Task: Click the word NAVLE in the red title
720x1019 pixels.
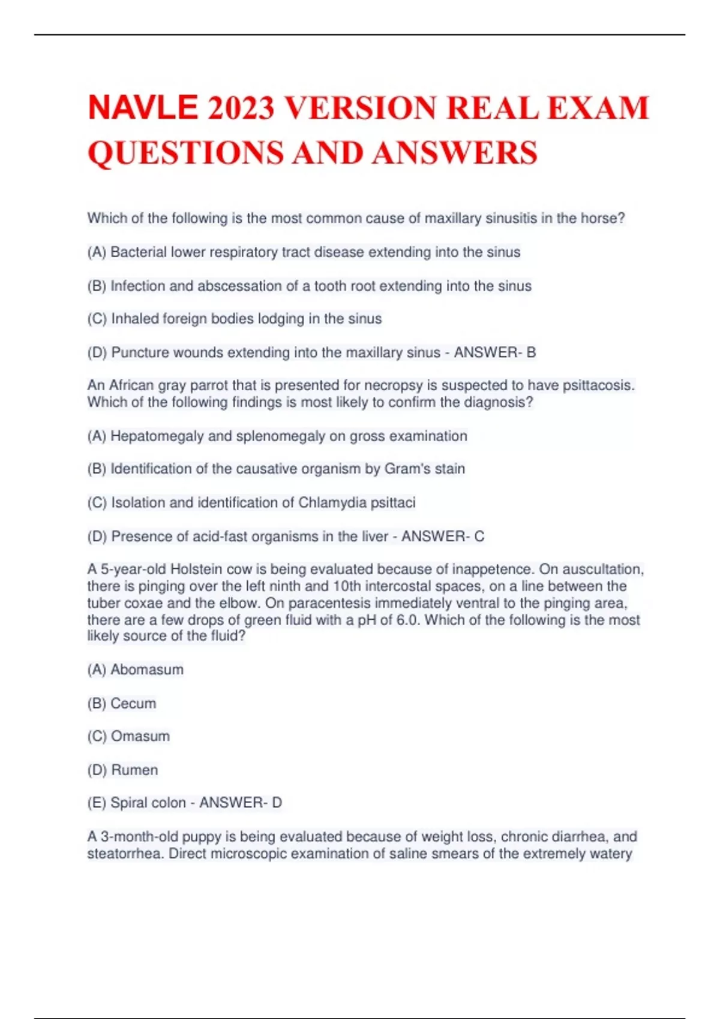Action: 142,108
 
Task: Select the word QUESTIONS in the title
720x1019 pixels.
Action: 186,152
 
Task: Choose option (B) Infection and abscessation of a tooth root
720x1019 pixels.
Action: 309,286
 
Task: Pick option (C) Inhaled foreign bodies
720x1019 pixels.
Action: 235,319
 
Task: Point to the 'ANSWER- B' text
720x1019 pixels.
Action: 495,352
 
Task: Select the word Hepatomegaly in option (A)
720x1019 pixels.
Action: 157,436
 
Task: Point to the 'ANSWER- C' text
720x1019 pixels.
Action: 443,536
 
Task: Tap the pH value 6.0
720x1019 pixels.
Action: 407,620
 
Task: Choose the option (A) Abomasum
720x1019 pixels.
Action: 136,670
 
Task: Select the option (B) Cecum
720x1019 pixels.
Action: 122,703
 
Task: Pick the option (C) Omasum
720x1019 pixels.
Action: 128,736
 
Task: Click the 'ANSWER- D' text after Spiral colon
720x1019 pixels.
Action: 241,803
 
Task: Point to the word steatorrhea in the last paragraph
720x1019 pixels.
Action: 125,854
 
